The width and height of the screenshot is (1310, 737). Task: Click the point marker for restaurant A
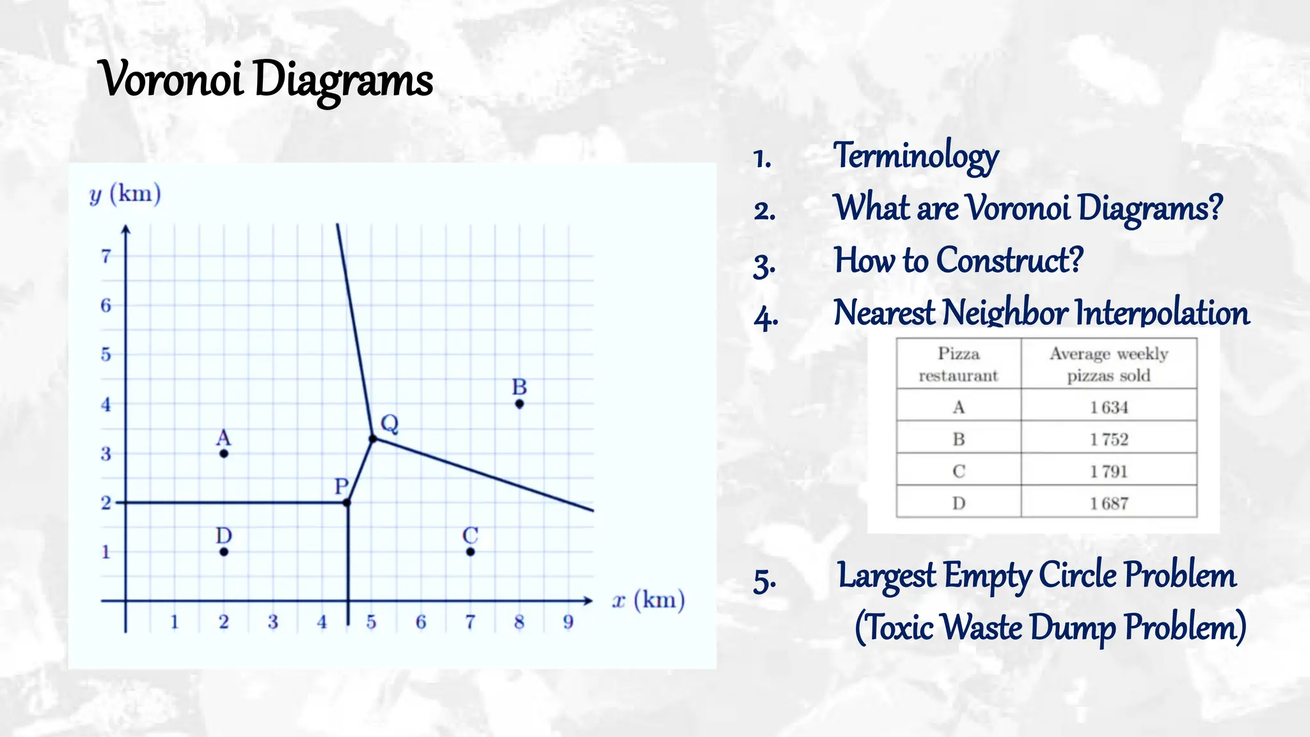(224, 454)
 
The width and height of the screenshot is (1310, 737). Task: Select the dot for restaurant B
(519, 404)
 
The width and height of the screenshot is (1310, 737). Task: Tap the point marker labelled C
(470, 551)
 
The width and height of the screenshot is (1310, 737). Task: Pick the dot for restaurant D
(224, 551)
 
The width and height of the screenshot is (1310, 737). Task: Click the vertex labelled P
(347, 503)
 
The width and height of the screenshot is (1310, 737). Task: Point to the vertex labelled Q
(373, 438)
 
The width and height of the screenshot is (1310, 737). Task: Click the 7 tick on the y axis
(106, 257)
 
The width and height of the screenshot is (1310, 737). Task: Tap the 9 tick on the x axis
(568, 622)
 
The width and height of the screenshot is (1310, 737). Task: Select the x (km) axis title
(648, 601)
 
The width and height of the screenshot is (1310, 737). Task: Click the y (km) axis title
(125, 194)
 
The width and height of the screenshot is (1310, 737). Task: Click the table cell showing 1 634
(1109, 408)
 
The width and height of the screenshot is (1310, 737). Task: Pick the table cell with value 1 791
(1109, 472)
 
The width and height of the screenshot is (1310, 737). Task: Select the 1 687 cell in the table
(1109, 503)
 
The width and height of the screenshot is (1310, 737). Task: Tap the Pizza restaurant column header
(958, 364)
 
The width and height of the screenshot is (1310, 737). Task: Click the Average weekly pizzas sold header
(1109, 364)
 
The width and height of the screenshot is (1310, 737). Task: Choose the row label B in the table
(958, 440)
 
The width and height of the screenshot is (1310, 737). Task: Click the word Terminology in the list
(915, 156)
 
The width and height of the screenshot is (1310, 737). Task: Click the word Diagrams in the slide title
(343, 81)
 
